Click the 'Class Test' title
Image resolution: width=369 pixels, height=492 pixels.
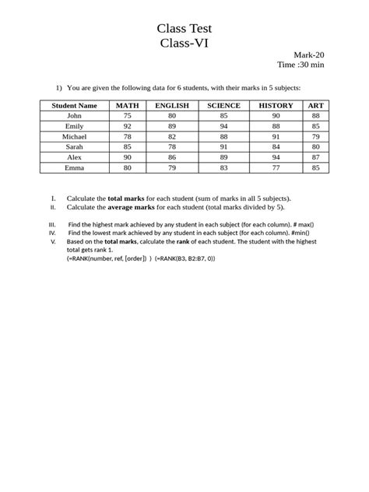[x=184, y=29]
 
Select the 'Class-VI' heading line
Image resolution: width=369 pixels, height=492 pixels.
[x=184, y=44]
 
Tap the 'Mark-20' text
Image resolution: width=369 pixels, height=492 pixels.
[x=309, y=54]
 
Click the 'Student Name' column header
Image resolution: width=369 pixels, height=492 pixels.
[x=75, y=105]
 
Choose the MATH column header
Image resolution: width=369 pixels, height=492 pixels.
[x=128, y=105]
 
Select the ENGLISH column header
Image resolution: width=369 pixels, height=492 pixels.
[x=172, y=105]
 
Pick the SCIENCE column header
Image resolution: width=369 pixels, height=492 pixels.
[x=223, y=105]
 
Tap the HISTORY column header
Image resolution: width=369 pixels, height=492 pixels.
[x=276, y=105]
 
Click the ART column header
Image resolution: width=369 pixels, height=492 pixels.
[x=315, y=105]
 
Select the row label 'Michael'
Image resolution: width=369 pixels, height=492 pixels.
[x=75, y=135]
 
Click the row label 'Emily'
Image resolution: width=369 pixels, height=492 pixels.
[x=75, y=125]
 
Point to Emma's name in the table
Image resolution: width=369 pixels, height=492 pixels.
[x=75, y=167]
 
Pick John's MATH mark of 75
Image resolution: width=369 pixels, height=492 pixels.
[x=128, y=115]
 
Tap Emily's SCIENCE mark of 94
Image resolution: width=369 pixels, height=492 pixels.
[x=223, y=125]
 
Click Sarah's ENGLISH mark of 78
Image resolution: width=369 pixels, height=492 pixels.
[x=172, y=146]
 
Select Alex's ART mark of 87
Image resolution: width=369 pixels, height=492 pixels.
[x=315, y=156]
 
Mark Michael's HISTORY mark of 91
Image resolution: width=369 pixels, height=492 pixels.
[x=276, y=135]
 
